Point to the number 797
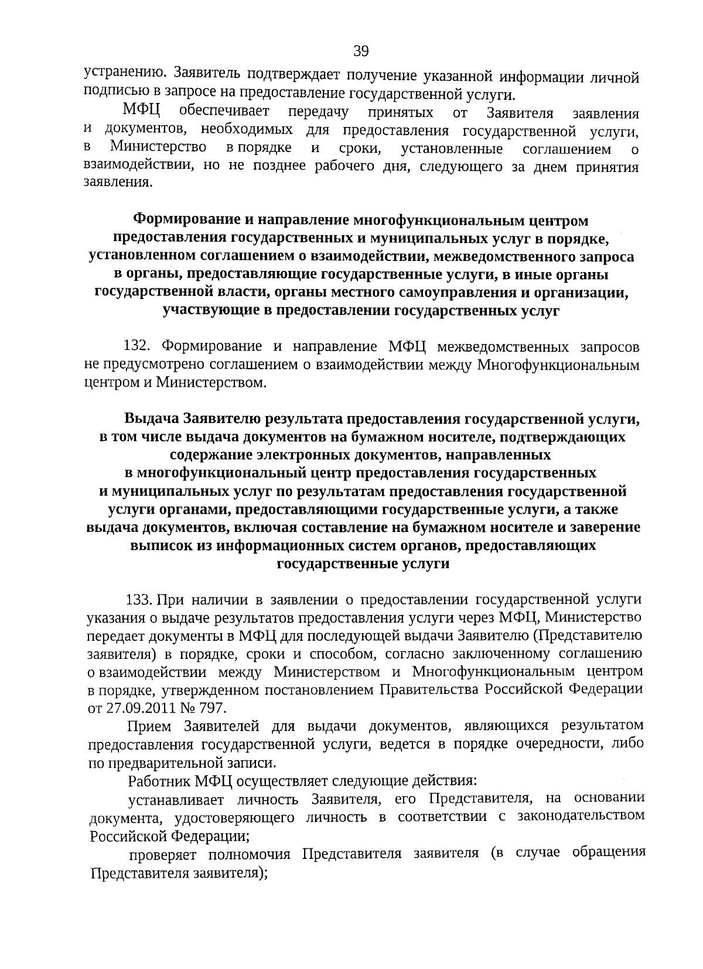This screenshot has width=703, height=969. click(x=211, y=707)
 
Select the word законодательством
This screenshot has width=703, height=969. click(x=581, y=816)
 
